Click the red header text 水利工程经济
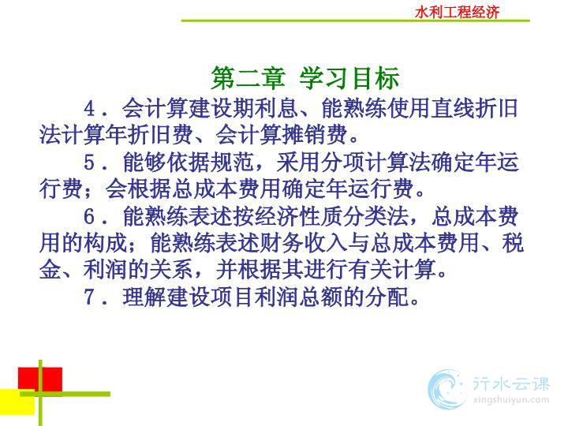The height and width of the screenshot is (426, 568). (457, 13)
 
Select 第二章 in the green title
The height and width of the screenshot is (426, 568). (248, 78)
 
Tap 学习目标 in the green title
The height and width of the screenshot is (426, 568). (349, 78)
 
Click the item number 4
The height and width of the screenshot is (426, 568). (89, 108)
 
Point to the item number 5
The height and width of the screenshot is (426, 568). (89, 163)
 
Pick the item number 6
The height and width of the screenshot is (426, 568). (89, 216)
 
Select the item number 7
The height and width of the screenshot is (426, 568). (89, 297)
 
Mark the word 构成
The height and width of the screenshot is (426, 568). (105, 243)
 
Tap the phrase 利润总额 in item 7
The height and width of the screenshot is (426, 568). (298, 297)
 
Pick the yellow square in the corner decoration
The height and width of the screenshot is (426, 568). (17, 402)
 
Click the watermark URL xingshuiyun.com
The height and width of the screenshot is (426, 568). (511, 400)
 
